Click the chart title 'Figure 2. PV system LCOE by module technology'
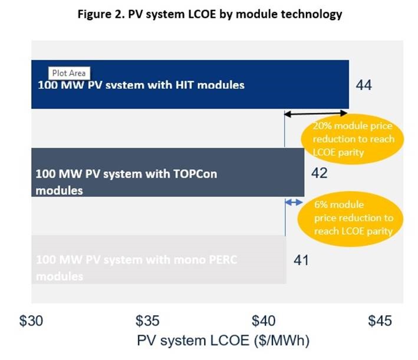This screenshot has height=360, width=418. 209,15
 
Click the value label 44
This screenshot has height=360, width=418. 364,85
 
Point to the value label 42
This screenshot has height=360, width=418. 318,173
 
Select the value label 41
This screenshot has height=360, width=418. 300,260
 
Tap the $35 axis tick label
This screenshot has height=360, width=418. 147,321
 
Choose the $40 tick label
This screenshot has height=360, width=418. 264,321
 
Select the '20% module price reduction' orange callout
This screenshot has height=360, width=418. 353,139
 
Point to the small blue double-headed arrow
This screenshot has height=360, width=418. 292,202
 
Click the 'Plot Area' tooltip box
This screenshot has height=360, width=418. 67,74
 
